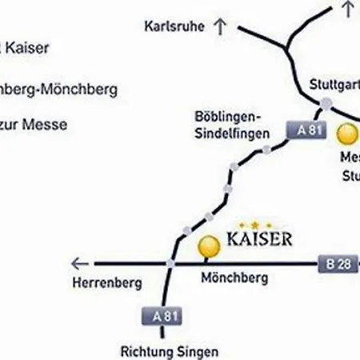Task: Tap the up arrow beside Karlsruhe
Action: coord(219,26)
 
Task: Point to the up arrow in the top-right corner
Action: coord(346,9)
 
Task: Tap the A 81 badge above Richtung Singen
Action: coord(161,316)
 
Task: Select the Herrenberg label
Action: coord(106,282)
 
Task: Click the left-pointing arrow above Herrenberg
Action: coord(78,262)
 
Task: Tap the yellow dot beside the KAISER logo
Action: coord(210,246)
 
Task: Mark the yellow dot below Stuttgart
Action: coord(348,134)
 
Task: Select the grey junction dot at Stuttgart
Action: coord(326,102)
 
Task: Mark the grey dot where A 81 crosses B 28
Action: coord(170,262)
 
